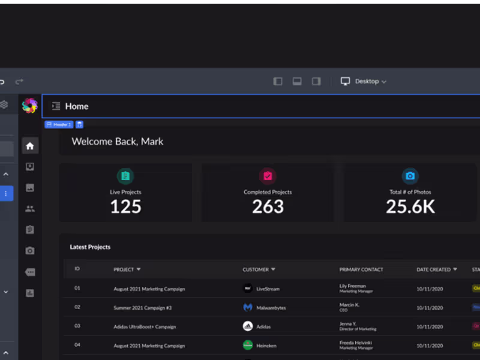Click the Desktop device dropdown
coord(364,81)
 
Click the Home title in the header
coord(77,106)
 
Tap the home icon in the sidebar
coord(30,146)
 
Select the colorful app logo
coord(29,106)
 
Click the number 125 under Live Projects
coord(125,207)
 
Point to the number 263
coord(268,207)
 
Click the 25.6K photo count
coord(410,207)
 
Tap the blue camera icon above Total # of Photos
coord(410,176)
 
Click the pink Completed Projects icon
coord(268,176)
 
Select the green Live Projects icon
coord(125,176)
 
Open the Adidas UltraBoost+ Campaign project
coord(145,327)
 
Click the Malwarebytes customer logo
coord(248,308)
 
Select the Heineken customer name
coord(267,346)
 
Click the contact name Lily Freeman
coord(352,286)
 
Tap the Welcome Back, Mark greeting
coord(118,142)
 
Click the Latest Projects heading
coord(90,247)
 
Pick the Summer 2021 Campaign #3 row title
coord(143,308)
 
